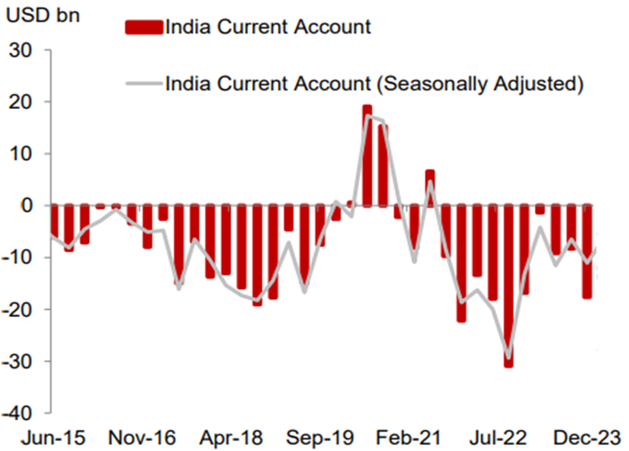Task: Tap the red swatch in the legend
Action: [x=143, y=28]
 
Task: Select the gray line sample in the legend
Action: [x=143, y=83]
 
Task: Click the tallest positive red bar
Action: [x=366, y=155]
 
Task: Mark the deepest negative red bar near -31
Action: [x=508, y=285]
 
